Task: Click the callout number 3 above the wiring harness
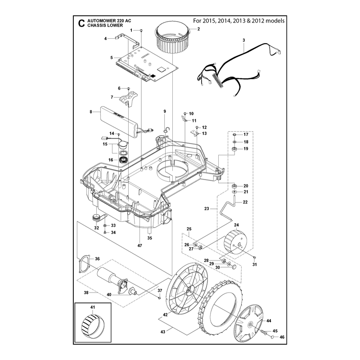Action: coord(244,40)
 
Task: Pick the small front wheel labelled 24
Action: coord(235,242)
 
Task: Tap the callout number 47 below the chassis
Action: coord(139,246)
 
